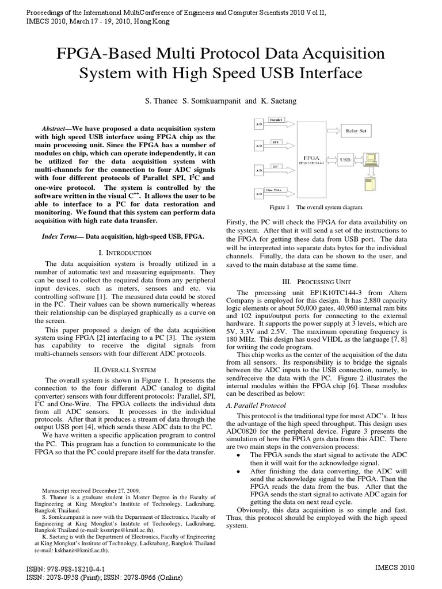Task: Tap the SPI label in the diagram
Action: pos(276,140)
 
